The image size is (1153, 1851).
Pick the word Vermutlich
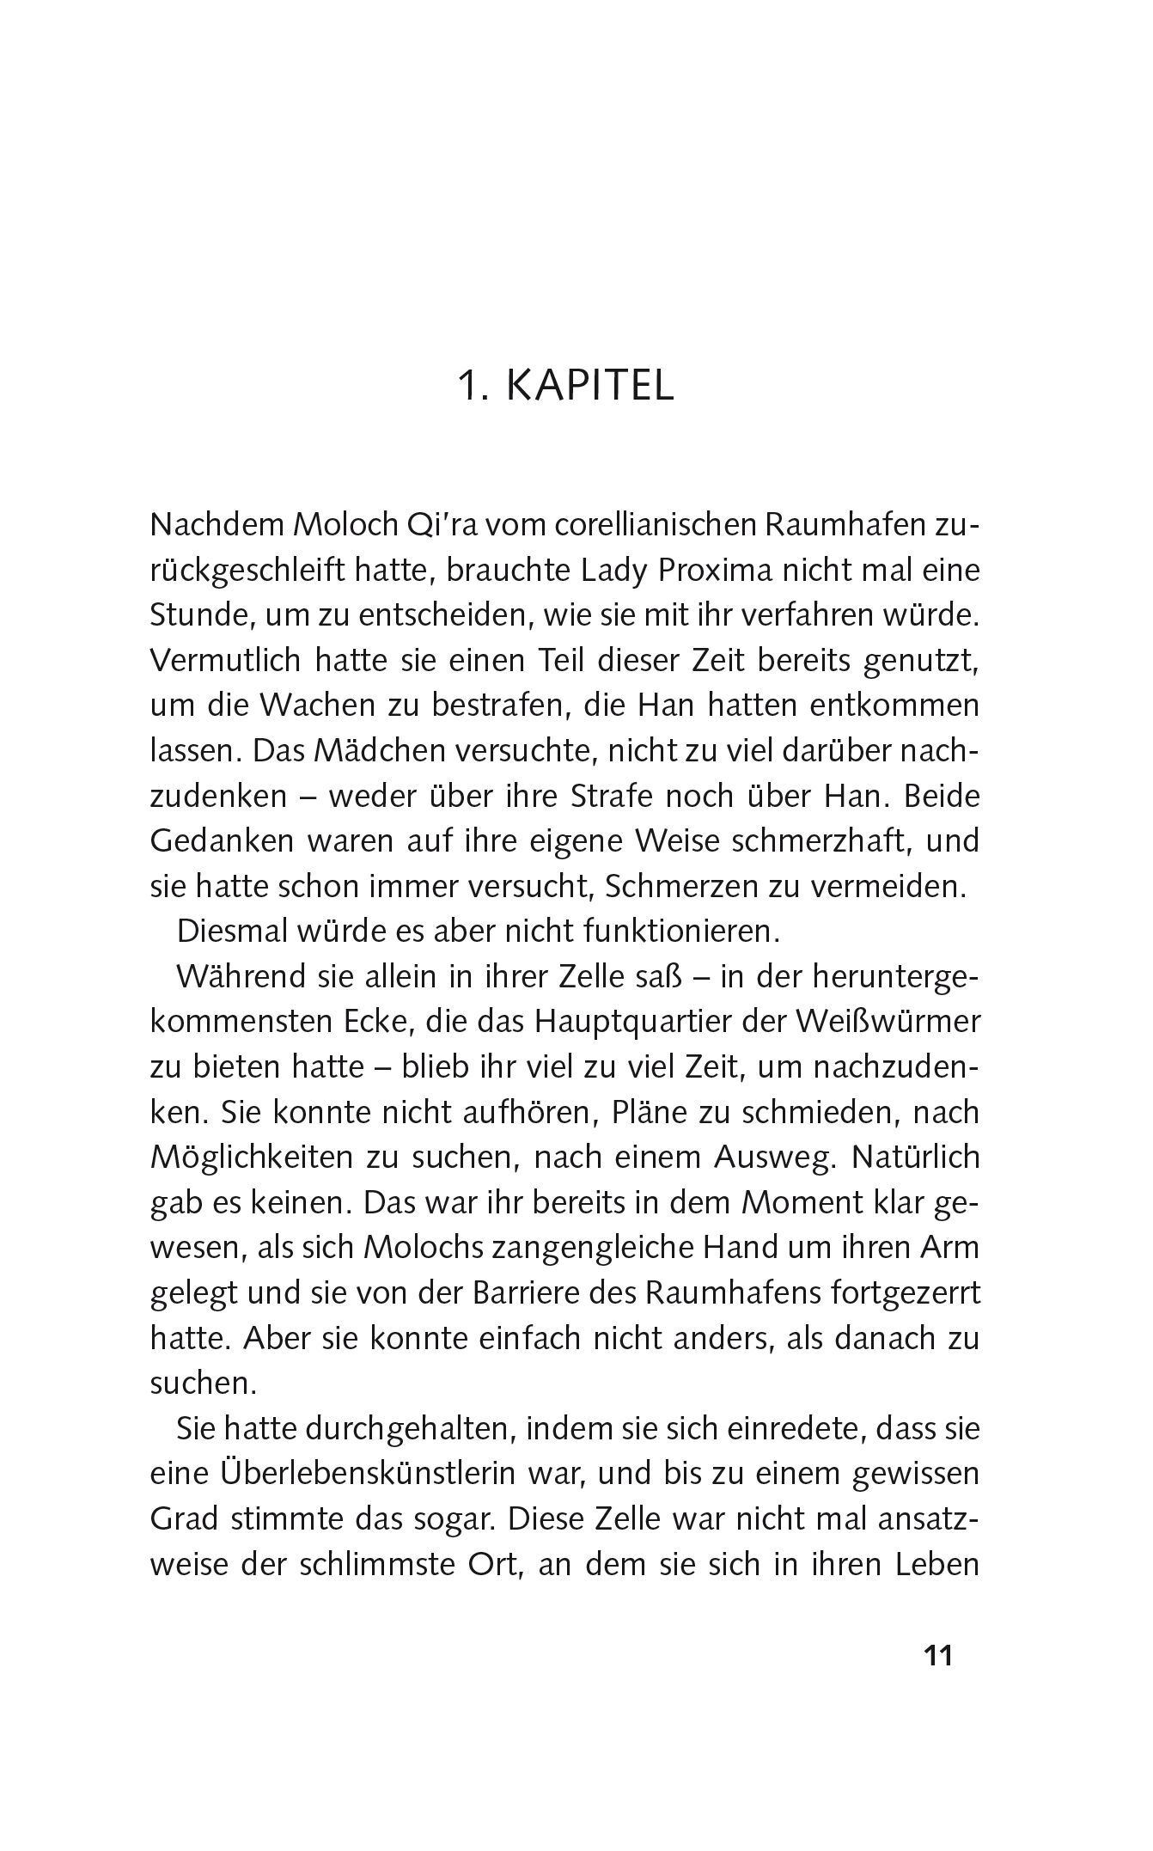click(x=225, y=660)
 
